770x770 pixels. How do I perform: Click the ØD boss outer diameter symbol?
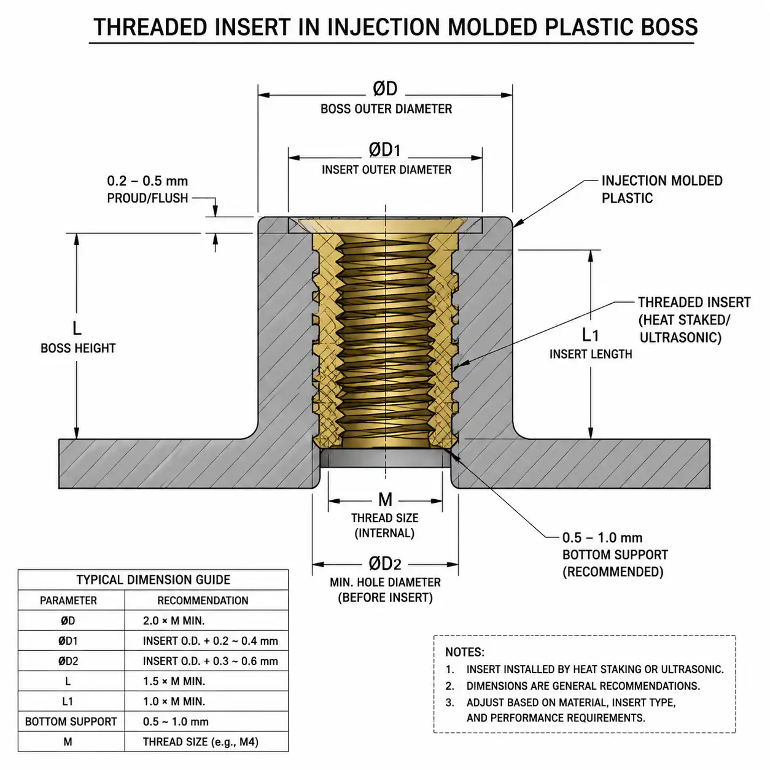385,88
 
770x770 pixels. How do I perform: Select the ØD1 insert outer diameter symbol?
384,150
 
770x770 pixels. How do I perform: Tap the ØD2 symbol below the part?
385,564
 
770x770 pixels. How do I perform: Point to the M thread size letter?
385,500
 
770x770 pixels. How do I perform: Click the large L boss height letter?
77,329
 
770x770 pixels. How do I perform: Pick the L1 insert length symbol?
590,335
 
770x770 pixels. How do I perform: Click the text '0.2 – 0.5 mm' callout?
147,181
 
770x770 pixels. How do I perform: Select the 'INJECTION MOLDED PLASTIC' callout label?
662,189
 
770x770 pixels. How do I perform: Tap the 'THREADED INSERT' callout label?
694,303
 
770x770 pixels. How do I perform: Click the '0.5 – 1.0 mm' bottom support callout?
602,538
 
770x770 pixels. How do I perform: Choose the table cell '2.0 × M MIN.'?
174,621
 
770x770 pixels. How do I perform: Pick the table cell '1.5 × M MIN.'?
174,682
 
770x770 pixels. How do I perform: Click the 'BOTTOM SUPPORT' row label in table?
71,721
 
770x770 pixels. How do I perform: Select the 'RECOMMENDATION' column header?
203,601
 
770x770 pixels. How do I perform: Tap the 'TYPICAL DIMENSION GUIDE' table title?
154,580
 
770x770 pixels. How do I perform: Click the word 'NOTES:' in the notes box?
465,652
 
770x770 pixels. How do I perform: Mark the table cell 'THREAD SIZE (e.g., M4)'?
201,742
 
